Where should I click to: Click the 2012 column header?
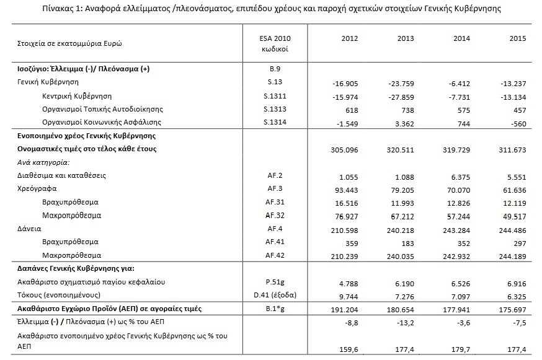pyautogui.click(x=350, y=38)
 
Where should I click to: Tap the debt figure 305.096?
pyautogui.click(x=348, y=149)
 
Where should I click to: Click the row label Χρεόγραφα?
pyautogui.click(x=32, y=189)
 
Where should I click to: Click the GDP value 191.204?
pyautogui.click(x=348, y=309)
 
